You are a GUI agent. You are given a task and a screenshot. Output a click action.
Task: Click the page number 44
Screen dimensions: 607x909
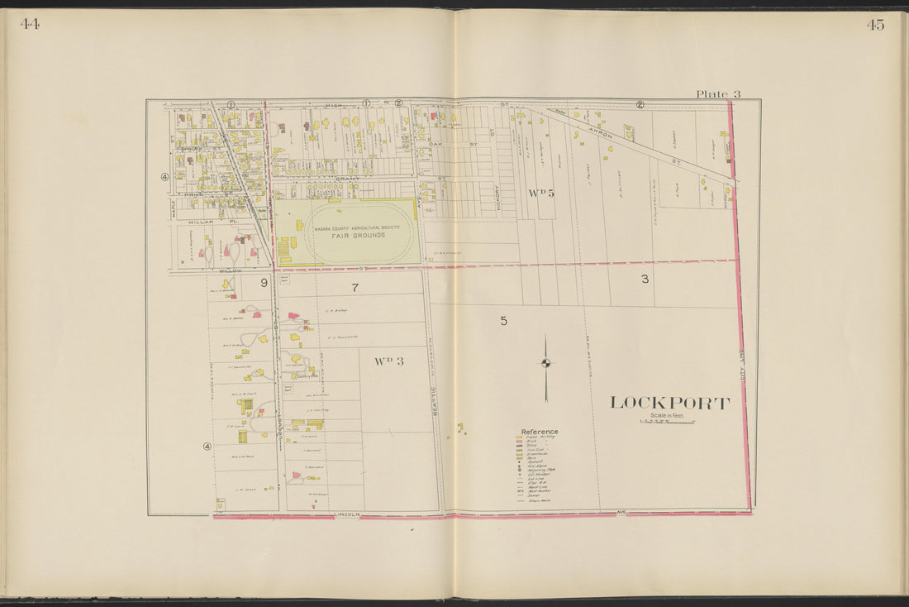pos(30,24)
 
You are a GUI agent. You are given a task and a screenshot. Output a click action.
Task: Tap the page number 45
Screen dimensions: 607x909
pos(875,25)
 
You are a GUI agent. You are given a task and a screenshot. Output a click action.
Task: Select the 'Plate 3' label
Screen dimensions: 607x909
pos(717,93)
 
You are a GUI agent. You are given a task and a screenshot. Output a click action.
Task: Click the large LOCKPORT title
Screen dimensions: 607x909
pos(669,404)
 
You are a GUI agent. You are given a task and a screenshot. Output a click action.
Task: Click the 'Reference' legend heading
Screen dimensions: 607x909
pos(539,432)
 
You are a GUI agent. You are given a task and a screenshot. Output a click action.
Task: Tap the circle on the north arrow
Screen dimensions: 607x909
pos(545,362)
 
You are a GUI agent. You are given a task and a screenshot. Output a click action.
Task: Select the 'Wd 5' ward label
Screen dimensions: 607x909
pos(541,193)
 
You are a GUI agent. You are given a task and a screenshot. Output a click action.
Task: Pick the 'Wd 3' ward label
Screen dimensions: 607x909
pos(388,361)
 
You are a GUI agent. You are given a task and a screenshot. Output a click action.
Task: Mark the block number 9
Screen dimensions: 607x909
pos(264,283)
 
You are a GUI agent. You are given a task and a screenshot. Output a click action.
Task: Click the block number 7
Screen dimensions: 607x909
pos(355,288)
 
